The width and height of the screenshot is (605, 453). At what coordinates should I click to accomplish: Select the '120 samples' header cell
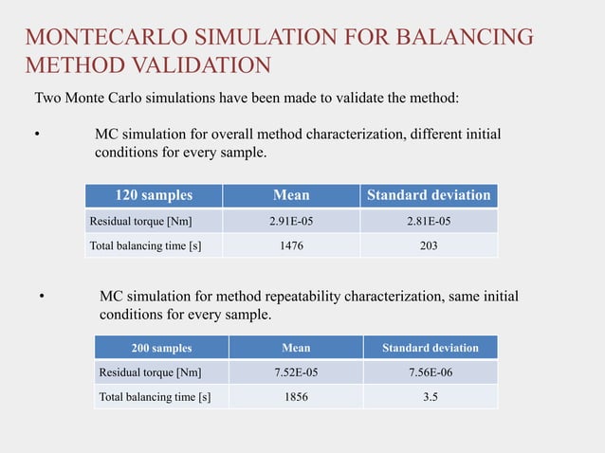pos(154,195)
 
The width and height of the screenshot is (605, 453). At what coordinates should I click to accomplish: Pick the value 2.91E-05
pos(291,222)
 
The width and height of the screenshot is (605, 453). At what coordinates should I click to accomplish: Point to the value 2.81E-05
pos(429,222)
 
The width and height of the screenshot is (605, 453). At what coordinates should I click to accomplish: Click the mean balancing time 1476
pos(291,246)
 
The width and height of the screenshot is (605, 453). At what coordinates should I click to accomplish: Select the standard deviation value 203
pos(429,246)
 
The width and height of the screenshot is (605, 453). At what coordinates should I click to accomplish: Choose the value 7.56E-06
pos(430,371)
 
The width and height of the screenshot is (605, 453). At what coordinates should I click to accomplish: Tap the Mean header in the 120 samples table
pos(291,195)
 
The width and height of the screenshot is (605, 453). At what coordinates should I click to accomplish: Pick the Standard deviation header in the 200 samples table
pos(430,348)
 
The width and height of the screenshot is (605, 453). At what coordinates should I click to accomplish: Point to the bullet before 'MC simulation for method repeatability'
pos(41,298)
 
